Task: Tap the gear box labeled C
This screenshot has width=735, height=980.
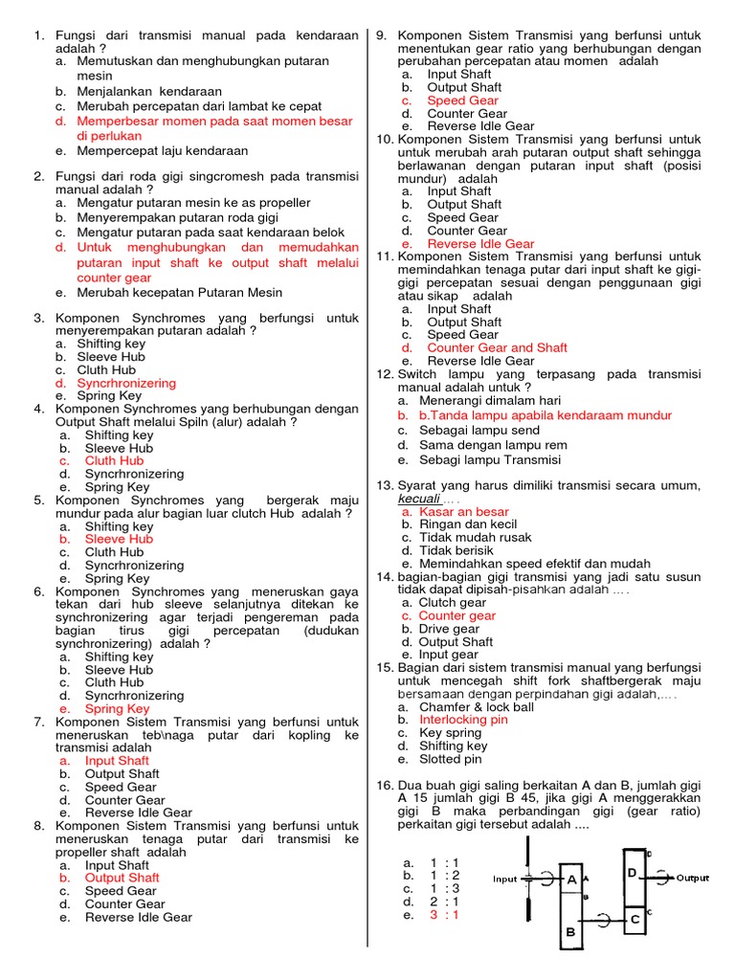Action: [634, 920]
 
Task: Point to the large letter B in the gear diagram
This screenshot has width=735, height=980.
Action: [571, 931]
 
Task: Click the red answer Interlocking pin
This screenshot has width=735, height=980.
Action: [464, 720]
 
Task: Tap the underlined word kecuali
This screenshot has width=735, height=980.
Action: [419, 499]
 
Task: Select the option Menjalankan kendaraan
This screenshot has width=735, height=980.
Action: [144, 91]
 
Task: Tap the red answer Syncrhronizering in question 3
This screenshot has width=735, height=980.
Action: [130, 383]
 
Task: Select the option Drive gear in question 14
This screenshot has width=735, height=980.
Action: [449, 629]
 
